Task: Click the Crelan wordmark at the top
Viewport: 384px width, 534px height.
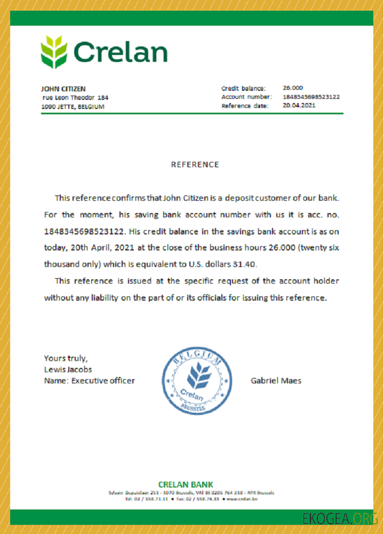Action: point(120,52)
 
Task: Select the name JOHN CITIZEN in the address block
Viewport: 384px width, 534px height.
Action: point(63,89)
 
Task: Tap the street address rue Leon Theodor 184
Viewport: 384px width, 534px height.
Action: point(75,98)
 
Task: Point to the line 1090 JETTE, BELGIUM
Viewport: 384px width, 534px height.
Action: point(73,107)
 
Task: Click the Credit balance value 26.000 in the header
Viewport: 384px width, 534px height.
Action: point(293,88)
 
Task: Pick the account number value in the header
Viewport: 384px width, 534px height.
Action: point(311,97)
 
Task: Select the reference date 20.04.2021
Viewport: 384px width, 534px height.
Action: point(299,105)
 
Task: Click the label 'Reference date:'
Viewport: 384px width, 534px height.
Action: point(245,106)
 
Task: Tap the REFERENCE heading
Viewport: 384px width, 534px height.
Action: point(195,164)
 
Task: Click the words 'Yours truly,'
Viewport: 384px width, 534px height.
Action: point(66,358)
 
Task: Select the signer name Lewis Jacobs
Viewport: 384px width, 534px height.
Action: point(68,369)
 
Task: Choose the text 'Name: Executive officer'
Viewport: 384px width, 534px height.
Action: point(89,381)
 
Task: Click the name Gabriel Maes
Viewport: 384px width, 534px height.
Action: point(276,381)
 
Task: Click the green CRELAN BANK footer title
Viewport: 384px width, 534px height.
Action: point(186,484)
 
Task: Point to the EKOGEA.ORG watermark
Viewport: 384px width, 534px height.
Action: point(340,519)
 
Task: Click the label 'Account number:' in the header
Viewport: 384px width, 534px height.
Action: point(246,97)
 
